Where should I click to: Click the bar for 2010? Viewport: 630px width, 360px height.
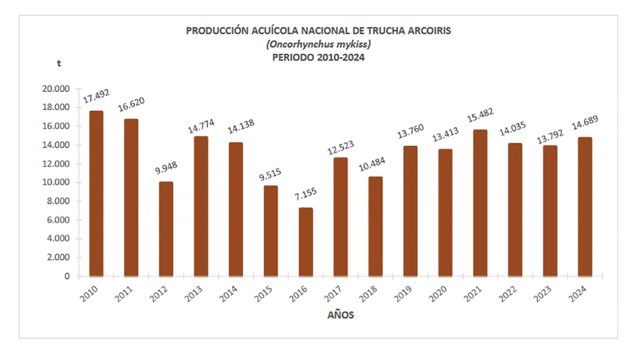click(x=96, y=194)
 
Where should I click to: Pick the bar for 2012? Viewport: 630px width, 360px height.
click(x=166, y=229)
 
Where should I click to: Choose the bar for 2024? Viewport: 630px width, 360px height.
click(x=585, y=206)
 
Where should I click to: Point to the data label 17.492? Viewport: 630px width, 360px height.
click(x=96, y=96)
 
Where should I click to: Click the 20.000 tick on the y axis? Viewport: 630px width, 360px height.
click(x=58, y=89)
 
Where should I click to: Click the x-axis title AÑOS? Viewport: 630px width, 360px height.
click(x=338, y=316)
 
